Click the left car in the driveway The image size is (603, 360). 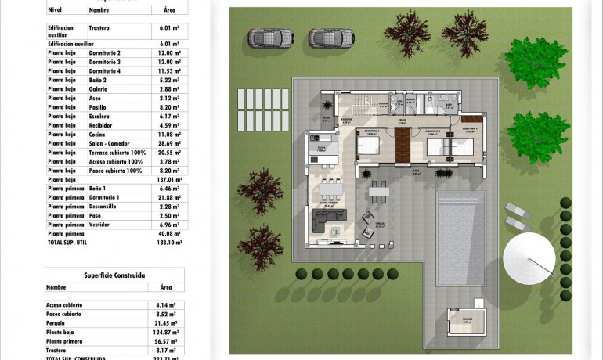click(271, 37)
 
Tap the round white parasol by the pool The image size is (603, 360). click(529, 258)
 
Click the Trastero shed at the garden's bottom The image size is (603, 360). click(468, 321)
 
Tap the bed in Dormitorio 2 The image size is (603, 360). click(368, 144)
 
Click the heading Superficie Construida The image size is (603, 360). click(114, 275)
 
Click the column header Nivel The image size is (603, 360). click(55, 11)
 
